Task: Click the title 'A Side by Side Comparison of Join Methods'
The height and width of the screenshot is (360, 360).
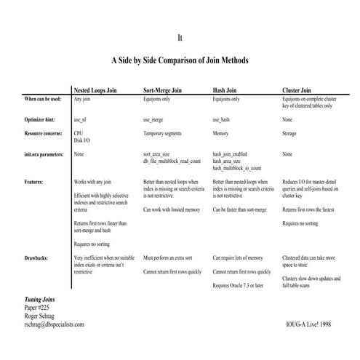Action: pyautogui.click(x=180, y=60)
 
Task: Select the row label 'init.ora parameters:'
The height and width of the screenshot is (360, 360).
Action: pyautogui.click(x=44, y=154)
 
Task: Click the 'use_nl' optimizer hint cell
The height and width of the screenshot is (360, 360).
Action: pyautogui.click(x=81, y=119)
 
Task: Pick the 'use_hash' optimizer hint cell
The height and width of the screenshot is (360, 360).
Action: pyautogui.click(x=223, y=119)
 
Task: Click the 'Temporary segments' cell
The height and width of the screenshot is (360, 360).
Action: pyautogui.click(x=165, y=134)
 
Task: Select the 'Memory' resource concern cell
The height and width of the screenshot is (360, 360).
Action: pyautogui.click(x=222, y=134)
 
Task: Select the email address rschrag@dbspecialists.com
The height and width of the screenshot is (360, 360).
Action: pyautogui.click(x=55, y=324)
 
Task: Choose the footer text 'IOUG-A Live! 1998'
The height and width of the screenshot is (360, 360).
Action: pyautogui.click(x=308, y=324)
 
